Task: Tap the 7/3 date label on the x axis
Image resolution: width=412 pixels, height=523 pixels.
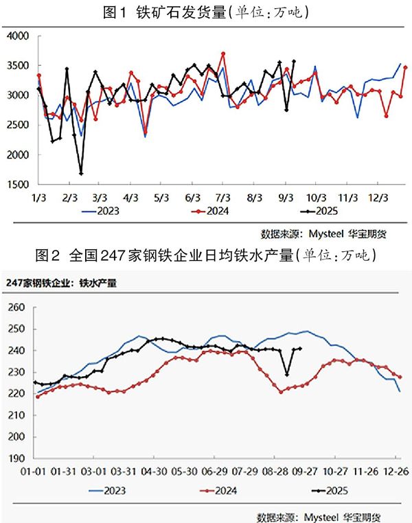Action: (222, 197)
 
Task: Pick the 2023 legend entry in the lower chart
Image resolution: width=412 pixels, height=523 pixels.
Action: (115, 490)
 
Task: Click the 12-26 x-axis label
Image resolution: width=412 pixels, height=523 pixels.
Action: (396, 472)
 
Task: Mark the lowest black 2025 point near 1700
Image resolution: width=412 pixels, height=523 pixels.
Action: (81, 174)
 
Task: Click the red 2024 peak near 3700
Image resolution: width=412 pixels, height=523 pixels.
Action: (223, 54)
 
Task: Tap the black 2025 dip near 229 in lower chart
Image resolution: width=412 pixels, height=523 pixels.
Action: (287, 375)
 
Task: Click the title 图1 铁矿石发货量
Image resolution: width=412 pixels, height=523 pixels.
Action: (206, 12)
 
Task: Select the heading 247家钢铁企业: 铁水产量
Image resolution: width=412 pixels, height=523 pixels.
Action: (60, 281)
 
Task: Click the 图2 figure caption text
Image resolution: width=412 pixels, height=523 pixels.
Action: (206, 256)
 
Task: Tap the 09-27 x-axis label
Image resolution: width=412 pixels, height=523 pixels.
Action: (306, 472)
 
